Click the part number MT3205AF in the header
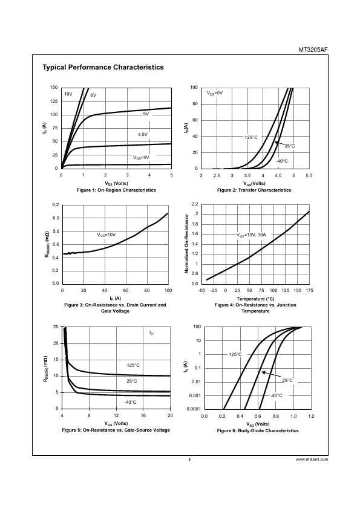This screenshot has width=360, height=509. tap(313, 50)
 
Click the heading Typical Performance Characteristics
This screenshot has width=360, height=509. tap(103, 67)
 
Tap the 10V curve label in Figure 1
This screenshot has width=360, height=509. tap(68, 94)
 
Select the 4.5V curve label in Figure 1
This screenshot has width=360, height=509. tap(143, 134)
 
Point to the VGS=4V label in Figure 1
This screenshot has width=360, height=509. tap(142, 157)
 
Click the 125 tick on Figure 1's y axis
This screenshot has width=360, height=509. tap(54, 101)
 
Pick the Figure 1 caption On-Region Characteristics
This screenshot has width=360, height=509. tap(116, 190)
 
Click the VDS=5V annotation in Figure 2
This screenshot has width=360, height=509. tap(215, 93)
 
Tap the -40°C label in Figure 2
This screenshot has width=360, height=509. tap(282, 161)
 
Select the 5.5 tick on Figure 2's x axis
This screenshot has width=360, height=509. tap(309, 175)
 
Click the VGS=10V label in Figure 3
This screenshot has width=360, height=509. tap(106, 235)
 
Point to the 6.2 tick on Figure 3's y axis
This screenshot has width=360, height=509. tap(56, 204)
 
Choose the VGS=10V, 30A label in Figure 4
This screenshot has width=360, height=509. tap(251, 235)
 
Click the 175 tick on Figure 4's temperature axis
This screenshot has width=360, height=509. tap(309, 291)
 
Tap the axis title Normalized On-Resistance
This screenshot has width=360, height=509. tap(187, 244)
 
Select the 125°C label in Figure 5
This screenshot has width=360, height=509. tap(133, 365)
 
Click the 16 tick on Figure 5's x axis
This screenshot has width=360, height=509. tap(143, 415)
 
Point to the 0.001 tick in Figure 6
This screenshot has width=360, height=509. tap(195, 395)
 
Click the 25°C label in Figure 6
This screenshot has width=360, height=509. tap(287, 380)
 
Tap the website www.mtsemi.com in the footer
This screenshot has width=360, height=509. tap(312, 459)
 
